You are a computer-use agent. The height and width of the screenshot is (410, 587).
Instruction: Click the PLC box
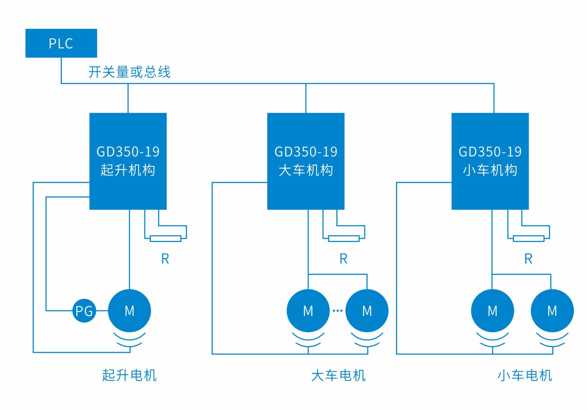point(61,43)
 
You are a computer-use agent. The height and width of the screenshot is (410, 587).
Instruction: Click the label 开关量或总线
point(129,72)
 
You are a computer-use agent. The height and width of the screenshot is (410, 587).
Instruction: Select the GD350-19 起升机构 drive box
point(128,161)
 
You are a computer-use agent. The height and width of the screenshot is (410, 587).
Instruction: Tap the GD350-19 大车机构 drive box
point(306,161)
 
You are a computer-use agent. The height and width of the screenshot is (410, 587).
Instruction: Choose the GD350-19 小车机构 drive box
point(490,161)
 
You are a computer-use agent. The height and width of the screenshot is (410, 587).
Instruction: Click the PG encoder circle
point(84,311)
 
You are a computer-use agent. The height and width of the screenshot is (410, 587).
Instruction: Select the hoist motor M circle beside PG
point(129,311)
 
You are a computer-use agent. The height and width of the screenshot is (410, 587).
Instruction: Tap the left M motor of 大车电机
point(308,311)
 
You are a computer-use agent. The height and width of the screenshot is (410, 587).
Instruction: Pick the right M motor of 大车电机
point(367,311)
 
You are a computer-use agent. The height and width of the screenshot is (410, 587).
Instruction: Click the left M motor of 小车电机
point(492,311)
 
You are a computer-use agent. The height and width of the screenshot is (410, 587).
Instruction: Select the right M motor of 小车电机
point(552,311)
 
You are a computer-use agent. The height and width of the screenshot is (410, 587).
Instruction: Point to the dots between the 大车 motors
point(337,311)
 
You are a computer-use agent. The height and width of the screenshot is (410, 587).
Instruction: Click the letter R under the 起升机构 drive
point(165,259)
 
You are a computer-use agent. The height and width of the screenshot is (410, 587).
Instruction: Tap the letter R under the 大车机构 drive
point(343,259)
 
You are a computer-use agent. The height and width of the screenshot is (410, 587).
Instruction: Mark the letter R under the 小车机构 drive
point(528,259)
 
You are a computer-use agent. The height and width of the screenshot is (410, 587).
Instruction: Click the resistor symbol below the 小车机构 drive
point(528,238)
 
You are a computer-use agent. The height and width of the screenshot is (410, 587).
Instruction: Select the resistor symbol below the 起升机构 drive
point(165,238)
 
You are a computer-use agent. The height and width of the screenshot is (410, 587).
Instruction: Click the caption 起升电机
point(129,375)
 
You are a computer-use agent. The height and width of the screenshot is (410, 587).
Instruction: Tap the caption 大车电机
point(338,375)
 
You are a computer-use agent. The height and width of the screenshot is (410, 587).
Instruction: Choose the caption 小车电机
point(525,375)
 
